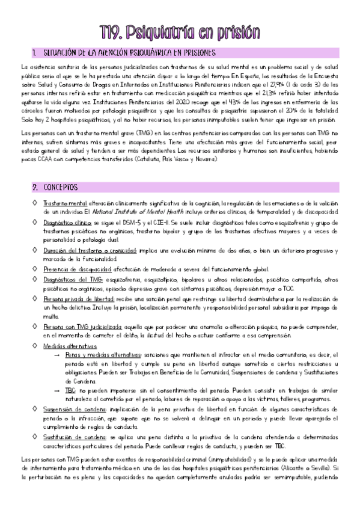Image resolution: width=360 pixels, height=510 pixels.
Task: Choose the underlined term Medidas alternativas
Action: click(x=69, y=346)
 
